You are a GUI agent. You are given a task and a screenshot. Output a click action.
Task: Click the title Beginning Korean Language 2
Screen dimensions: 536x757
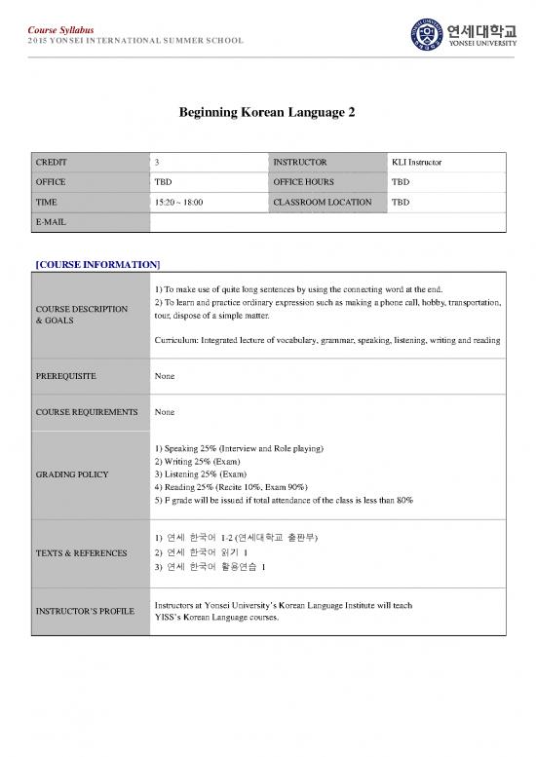268,113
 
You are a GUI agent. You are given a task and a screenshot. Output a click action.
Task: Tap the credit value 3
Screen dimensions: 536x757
158,162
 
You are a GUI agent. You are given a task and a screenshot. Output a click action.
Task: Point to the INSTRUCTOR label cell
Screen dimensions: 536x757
300,162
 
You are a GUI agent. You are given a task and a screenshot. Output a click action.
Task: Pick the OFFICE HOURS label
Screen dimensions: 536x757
304,182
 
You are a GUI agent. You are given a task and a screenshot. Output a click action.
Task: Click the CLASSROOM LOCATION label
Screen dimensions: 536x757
323,203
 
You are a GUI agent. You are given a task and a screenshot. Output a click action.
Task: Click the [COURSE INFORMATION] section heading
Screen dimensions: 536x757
97,264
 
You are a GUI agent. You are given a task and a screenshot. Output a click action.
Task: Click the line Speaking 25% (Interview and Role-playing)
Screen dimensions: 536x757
239,448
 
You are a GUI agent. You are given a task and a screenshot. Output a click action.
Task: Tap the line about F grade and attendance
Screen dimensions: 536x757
284,501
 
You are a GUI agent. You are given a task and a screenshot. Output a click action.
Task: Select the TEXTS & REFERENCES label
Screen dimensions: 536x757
80,553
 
